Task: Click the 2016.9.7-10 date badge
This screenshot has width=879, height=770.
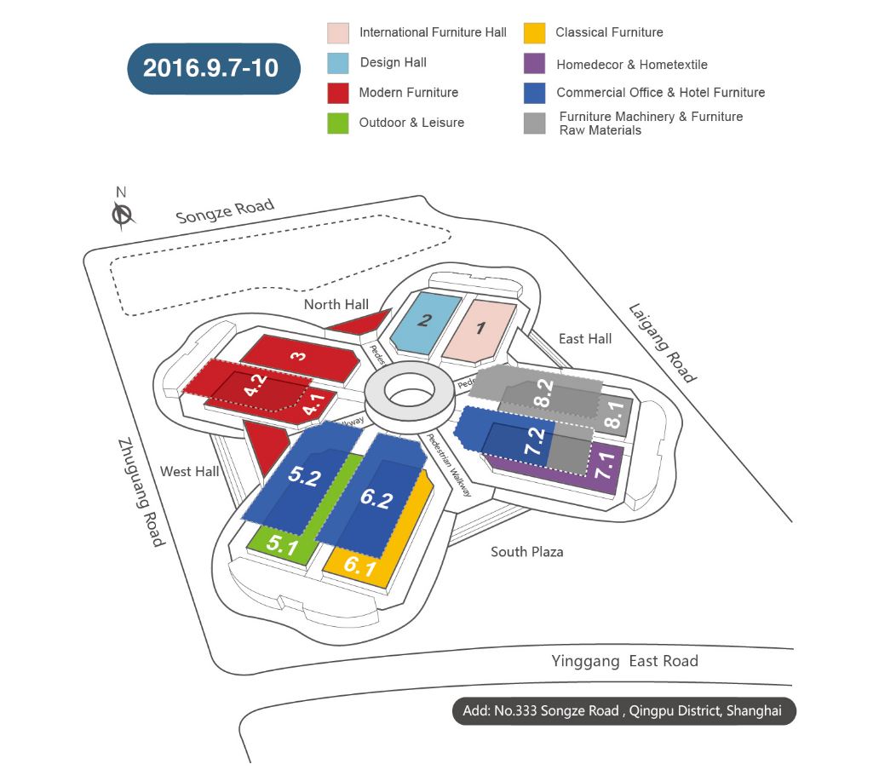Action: click(210, 68)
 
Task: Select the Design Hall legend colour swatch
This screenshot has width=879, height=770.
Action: click(337, 63)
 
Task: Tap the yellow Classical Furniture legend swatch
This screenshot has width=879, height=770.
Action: click(534, 33)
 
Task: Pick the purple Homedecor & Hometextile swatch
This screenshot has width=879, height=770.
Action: click(534, 64)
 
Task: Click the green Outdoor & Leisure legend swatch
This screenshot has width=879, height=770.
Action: click(337, 123)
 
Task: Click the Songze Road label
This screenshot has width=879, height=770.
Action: click(225, 210)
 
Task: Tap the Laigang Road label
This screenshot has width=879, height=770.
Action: click(663, 342)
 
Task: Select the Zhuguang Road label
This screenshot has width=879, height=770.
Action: click(141, 491)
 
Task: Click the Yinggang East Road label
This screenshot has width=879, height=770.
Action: click(624, 661)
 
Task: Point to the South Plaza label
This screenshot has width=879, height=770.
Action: click(526, 552)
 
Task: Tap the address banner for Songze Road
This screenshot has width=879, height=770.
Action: click(623, 711)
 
